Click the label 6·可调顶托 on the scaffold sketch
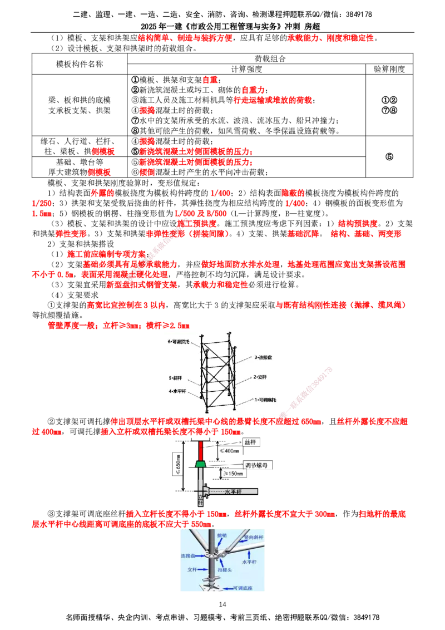coord(180,341)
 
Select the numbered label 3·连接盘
coord(265,357)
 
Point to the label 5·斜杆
coord(176,378)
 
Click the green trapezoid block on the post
coord(200,462)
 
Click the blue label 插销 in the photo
coord(222,535)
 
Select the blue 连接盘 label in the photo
coord(189,555)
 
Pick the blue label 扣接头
coord(225,570)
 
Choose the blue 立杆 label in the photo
coord(192,570)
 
